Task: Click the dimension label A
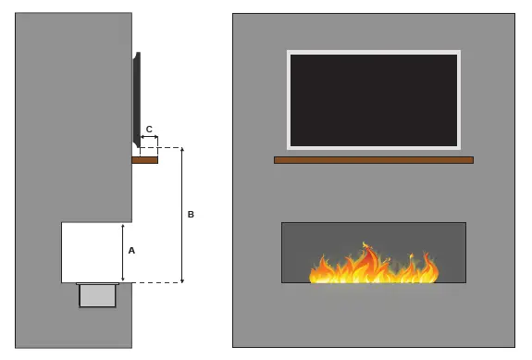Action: click(x=131, y=250)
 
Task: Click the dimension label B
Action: click(x=191, y=214)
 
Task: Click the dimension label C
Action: click(x=149, y=129)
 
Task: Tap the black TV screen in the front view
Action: click(x=374, y=100)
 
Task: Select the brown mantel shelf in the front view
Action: click(x=374, y=160)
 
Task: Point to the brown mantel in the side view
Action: click(x=145, y=160)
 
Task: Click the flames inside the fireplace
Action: click(x=374, y=267)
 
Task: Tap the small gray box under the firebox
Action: click(x=97, y=295)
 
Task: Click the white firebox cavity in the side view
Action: click(x=91, y=252)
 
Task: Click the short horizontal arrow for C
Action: click(x=149, y=138)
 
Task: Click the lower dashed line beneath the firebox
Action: click(x=153, y=282)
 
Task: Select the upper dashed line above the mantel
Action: click(x=167, y=147)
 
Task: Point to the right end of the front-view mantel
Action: click(x=470, y=160)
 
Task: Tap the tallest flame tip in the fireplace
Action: click(x=367, y=244)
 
